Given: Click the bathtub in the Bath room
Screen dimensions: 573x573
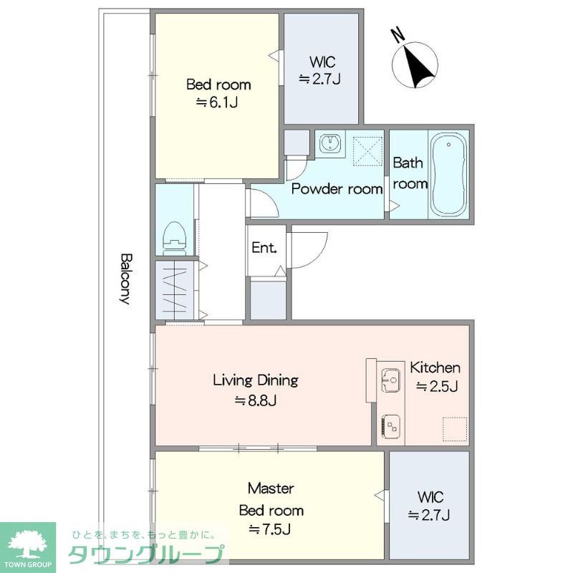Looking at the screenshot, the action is click(448, 174).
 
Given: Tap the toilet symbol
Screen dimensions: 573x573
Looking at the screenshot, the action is click(174, 239).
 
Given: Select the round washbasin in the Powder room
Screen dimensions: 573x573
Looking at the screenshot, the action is click(331, 143).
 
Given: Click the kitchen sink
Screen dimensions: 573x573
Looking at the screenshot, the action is click(390, 380).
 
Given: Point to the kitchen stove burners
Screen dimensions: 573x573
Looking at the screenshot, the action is click(390, 427).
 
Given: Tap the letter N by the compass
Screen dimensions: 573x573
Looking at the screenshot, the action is click(398, 35).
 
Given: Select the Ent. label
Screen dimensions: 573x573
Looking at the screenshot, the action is click(264, 248).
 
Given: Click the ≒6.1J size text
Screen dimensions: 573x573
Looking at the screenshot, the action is click(217, 102).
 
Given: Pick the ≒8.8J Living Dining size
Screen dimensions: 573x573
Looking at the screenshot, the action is click(255, 401).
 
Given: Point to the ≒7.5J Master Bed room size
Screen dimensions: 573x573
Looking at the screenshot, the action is click(270, 529).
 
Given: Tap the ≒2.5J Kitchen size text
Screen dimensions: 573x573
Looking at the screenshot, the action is click(437, 386).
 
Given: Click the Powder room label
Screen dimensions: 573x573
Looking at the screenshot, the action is click(337, 189).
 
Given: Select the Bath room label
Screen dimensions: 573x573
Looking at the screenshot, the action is click(410, 173).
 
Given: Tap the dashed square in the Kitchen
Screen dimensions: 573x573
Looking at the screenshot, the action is click(455, 429).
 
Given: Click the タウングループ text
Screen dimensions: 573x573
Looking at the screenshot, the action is click(146, 554).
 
